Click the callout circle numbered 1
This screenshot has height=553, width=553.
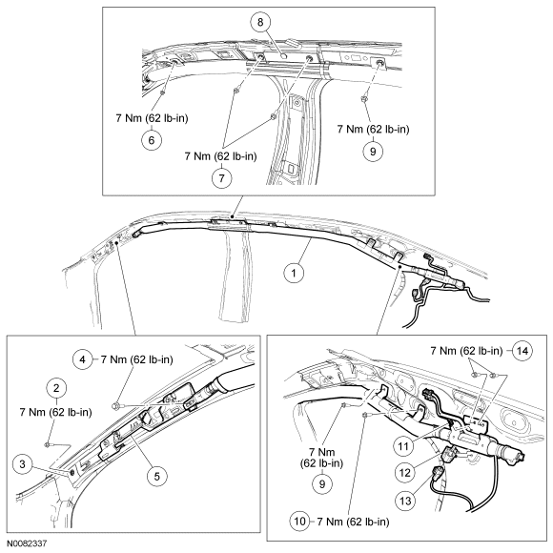click(294, 273)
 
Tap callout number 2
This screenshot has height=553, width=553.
click(56, 388)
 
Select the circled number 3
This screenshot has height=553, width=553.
click(23, 463)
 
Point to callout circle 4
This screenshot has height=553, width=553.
click(83, 359)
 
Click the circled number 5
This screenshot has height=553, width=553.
click(156, 477)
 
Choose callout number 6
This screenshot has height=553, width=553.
click(152, 140)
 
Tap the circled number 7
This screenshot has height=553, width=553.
click(221, 177)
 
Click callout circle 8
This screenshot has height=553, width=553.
click(260, 22)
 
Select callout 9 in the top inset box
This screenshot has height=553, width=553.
click(373, 151)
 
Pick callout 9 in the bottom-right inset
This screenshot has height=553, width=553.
click(322, 483)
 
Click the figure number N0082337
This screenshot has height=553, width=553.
click(27, 543)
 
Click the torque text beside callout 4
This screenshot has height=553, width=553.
click(137, 359)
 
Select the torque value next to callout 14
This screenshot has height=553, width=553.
click(466, 351)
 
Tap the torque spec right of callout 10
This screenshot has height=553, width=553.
click(353, 522)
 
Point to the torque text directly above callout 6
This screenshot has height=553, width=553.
click(152, 118)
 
